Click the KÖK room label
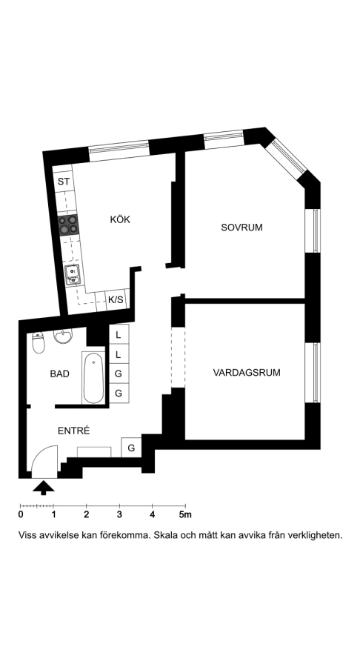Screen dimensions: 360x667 [120, 219]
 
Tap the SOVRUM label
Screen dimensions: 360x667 [241, 228]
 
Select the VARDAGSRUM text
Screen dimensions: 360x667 [247, 373]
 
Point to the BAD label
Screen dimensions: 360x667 [59, 374]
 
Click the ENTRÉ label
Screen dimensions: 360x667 [74, 431]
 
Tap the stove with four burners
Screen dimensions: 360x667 [68, 225]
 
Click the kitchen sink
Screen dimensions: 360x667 [73, 274]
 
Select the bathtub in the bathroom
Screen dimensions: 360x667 [93, 377]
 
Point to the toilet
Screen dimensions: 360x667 [39, 343]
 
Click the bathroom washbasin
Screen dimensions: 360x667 [63, 336]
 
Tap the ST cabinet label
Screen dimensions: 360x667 [63, 182]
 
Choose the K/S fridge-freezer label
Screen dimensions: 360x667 [116, 300]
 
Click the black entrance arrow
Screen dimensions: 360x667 [44, 488]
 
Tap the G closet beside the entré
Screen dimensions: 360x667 [131, 448]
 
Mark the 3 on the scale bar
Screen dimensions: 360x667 [119, 514]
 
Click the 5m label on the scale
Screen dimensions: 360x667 [185, 514]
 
